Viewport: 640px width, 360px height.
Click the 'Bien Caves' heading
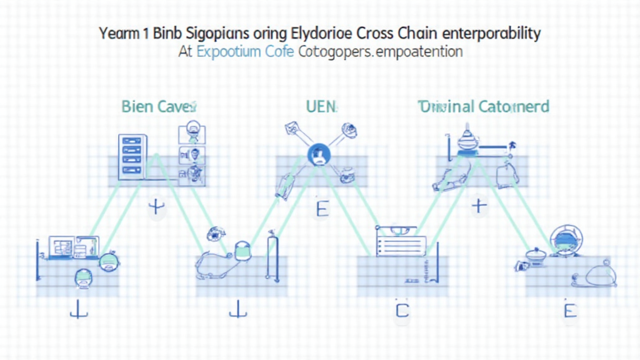click(156, 107)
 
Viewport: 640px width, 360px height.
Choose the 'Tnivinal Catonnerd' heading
click(483, 107)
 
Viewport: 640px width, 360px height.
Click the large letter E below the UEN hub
click(321, 209)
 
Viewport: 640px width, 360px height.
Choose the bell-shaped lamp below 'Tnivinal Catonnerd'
click(467, 142)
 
